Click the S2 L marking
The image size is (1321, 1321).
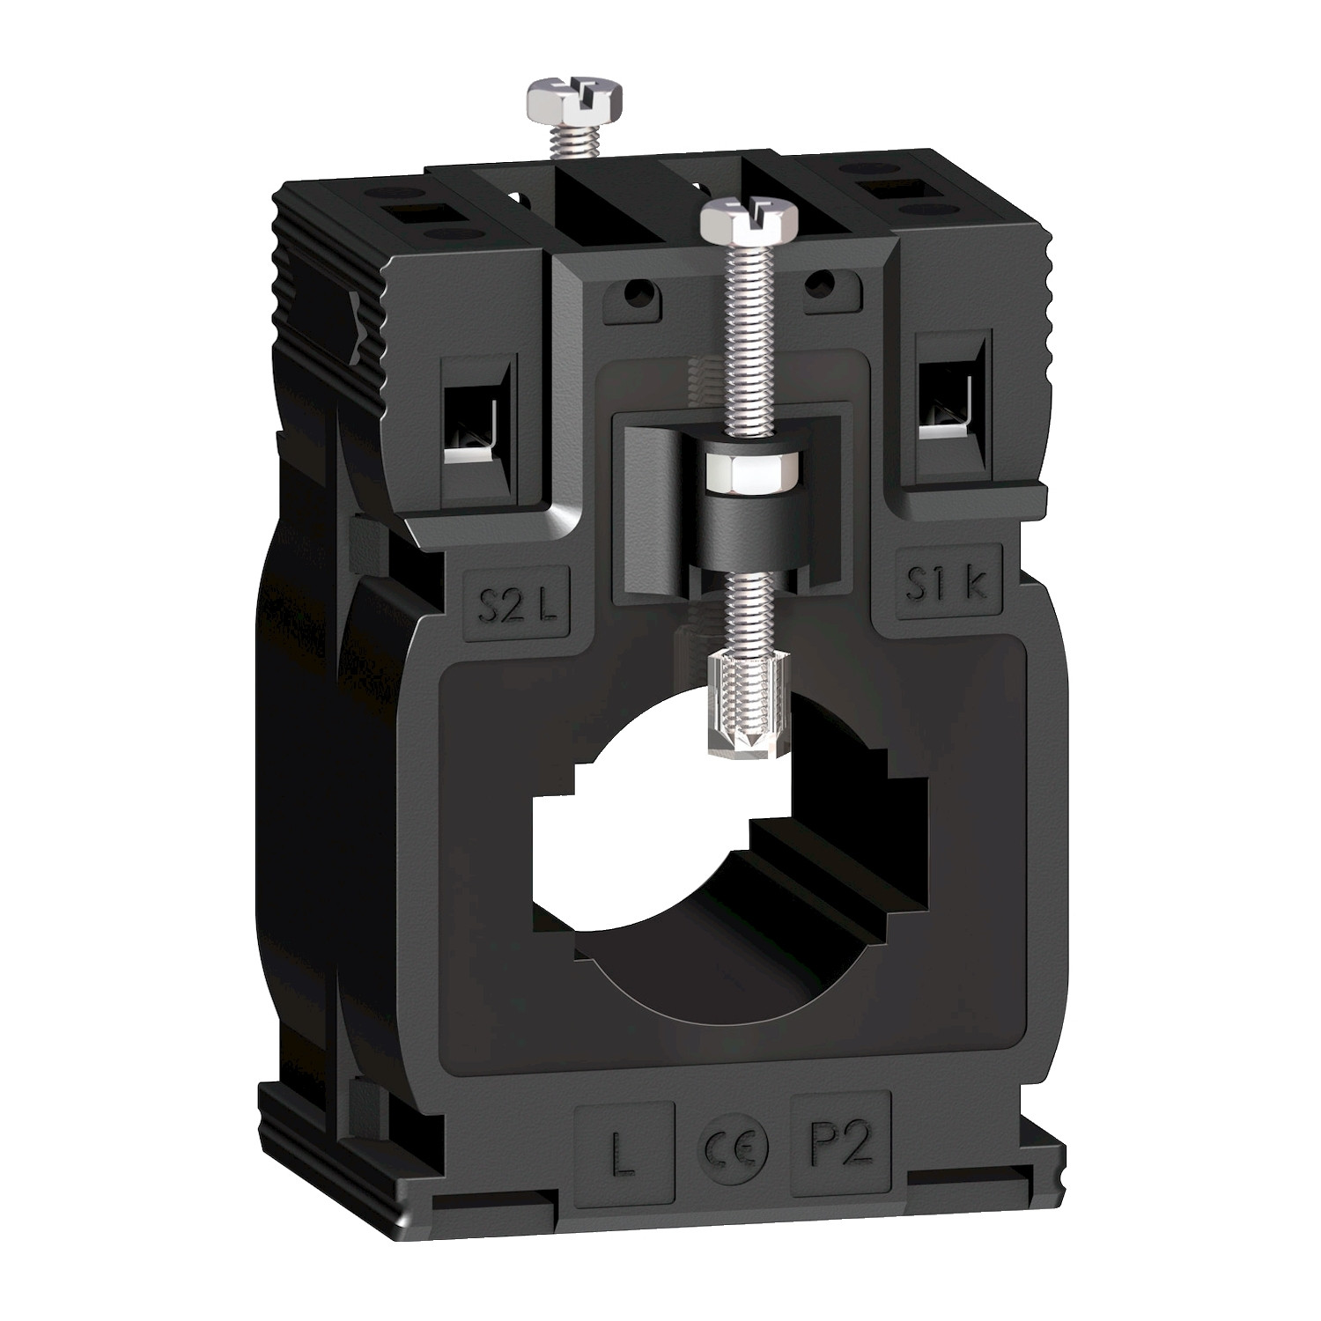[x=516, y=607]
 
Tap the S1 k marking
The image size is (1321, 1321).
[x=948, y=585]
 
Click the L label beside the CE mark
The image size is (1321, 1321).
[x=624, y=1154]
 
